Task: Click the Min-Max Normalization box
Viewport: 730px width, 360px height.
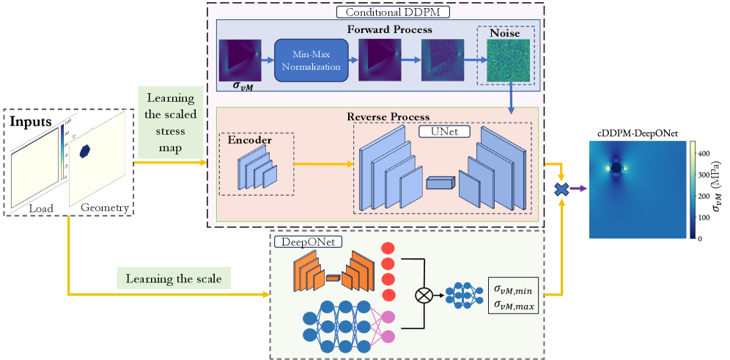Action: [x=309, y=61]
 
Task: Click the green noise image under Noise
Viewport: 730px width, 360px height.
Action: [x=507, y=61]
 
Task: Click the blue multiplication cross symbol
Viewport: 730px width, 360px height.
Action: [x=561, y=189]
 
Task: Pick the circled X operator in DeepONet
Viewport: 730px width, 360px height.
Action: [x=423, y=296]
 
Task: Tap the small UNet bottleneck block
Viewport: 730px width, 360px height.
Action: [x=440, y=182]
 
